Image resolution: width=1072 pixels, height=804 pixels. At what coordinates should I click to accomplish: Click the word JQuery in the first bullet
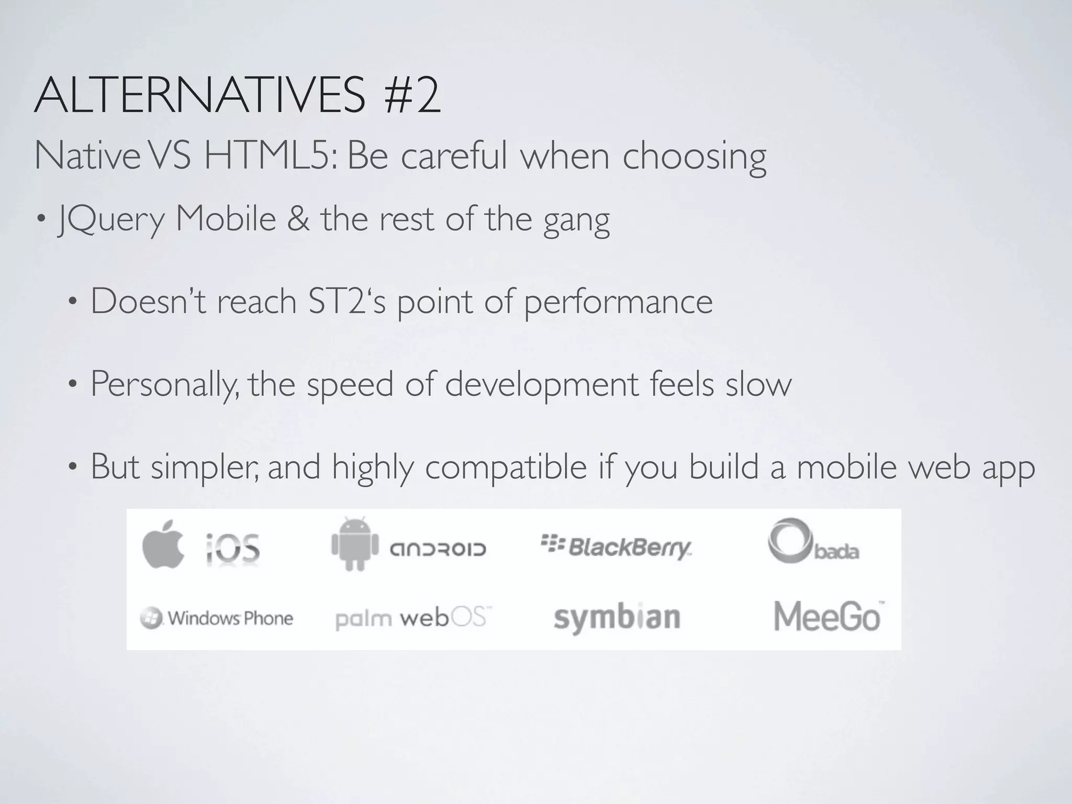pyautogui.click(x=111, y=220)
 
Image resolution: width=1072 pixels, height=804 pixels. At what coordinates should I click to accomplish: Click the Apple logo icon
pyautogui.click(x=163, y=544)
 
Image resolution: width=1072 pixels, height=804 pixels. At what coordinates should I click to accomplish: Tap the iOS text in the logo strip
pyautogui.click(x=232, y=548)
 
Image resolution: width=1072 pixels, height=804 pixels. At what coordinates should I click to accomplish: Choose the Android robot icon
pyautogui.click(x=354, y=544)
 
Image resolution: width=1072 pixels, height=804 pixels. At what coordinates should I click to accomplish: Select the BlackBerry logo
pyautogui.click(x=616, y=548)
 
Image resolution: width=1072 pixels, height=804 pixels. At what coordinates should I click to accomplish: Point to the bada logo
pyautogui.click(x=813, y=541)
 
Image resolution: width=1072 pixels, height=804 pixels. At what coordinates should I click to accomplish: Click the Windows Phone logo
pyautogui.click(x=217, y=618)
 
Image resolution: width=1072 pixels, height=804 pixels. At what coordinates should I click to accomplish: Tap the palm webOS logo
pyautogui.click(x=413, y=618)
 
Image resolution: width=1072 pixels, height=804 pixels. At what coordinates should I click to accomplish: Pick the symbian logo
pyautogui.click(x=617, y=618)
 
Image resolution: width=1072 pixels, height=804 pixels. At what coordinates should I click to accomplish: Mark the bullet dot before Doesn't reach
pyautogui.click(x=73, y=302)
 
